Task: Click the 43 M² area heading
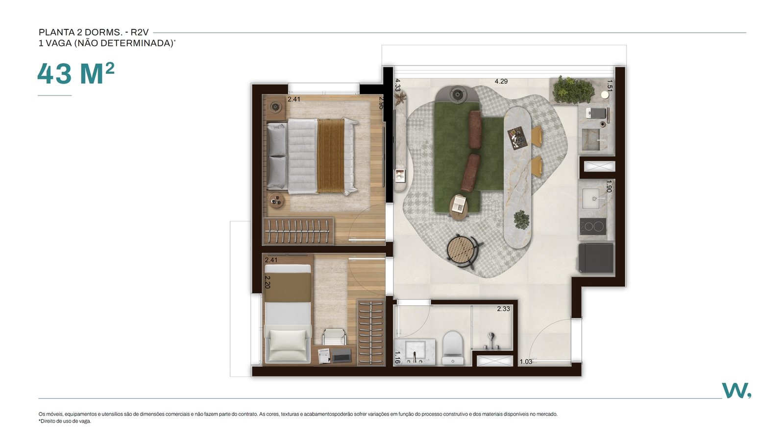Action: coord(75,73)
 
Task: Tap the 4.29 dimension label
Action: coord(501,81)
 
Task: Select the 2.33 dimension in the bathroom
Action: coord(503,309)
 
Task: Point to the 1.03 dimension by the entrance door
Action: coord(526,362)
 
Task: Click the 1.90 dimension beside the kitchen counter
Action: coord(609,186)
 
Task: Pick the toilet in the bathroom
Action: coord(453,348)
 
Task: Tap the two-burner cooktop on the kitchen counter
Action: coord(593,227)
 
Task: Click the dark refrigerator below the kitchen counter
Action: coord(596,258)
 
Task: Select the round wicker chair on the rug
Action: coord(463,250)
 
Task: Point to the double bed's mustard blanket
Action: coord(331,156)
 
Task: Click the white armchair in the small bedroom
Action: coord(288,343)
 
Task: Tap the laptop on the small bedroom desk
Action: coord(342,355)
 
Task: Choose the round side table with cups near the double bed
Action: coord(276,200)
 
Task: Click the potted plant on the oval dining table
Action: coord(521,219)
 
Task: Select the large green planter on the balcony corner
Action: coord(573,90)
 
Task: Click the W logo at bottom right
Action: coord(736,390)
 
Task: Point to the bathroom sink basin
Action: coord(415,350)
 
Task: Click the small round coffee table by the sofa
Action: coord(459,207)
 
